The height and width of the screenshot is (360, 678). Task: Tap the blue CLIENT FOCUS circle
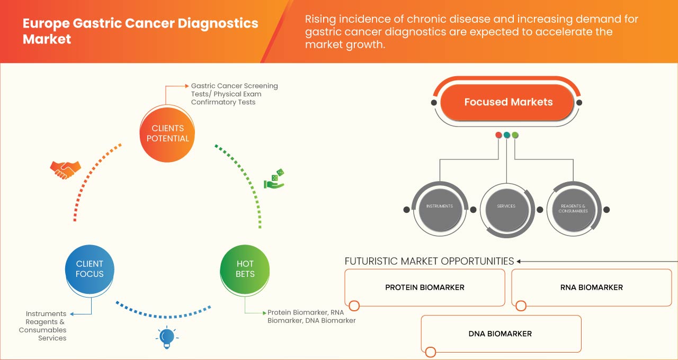click(90, 269)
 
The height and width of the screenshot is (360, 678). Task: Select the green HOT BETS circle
click(245, 269)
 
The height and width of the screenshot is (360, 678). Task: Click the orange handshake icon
click(65, 169)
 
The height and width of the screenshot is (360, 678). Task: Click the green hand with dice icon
click(274, 179)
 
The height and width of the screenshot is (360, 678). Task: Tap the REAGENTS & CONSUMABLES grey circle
click(573, 208)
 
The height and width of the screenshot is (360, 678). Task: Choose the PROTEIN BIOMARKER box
click(424, 287)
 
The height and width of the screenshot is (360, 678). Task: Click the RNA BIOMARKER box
click(591, 287)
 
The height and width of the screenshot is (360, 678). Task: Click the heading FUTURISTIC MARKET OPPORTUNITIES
click(429, 261)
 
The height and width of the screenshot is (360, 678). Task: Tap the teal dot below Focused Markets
click(507, 135)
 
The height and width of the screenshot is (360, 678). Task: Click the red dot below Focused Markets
click(498, 135)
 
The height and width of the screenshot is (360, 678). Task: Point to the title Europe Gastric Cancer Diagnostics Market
click(140, 31)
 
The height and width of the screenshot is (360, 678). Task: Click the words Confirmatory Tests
click(223, 102)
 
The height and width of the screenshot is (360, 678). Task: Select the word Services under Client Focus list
click(52, 338)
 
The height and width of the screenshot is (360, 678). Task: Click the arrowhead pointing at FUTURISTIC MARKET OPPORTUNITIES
click(519, 261)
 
